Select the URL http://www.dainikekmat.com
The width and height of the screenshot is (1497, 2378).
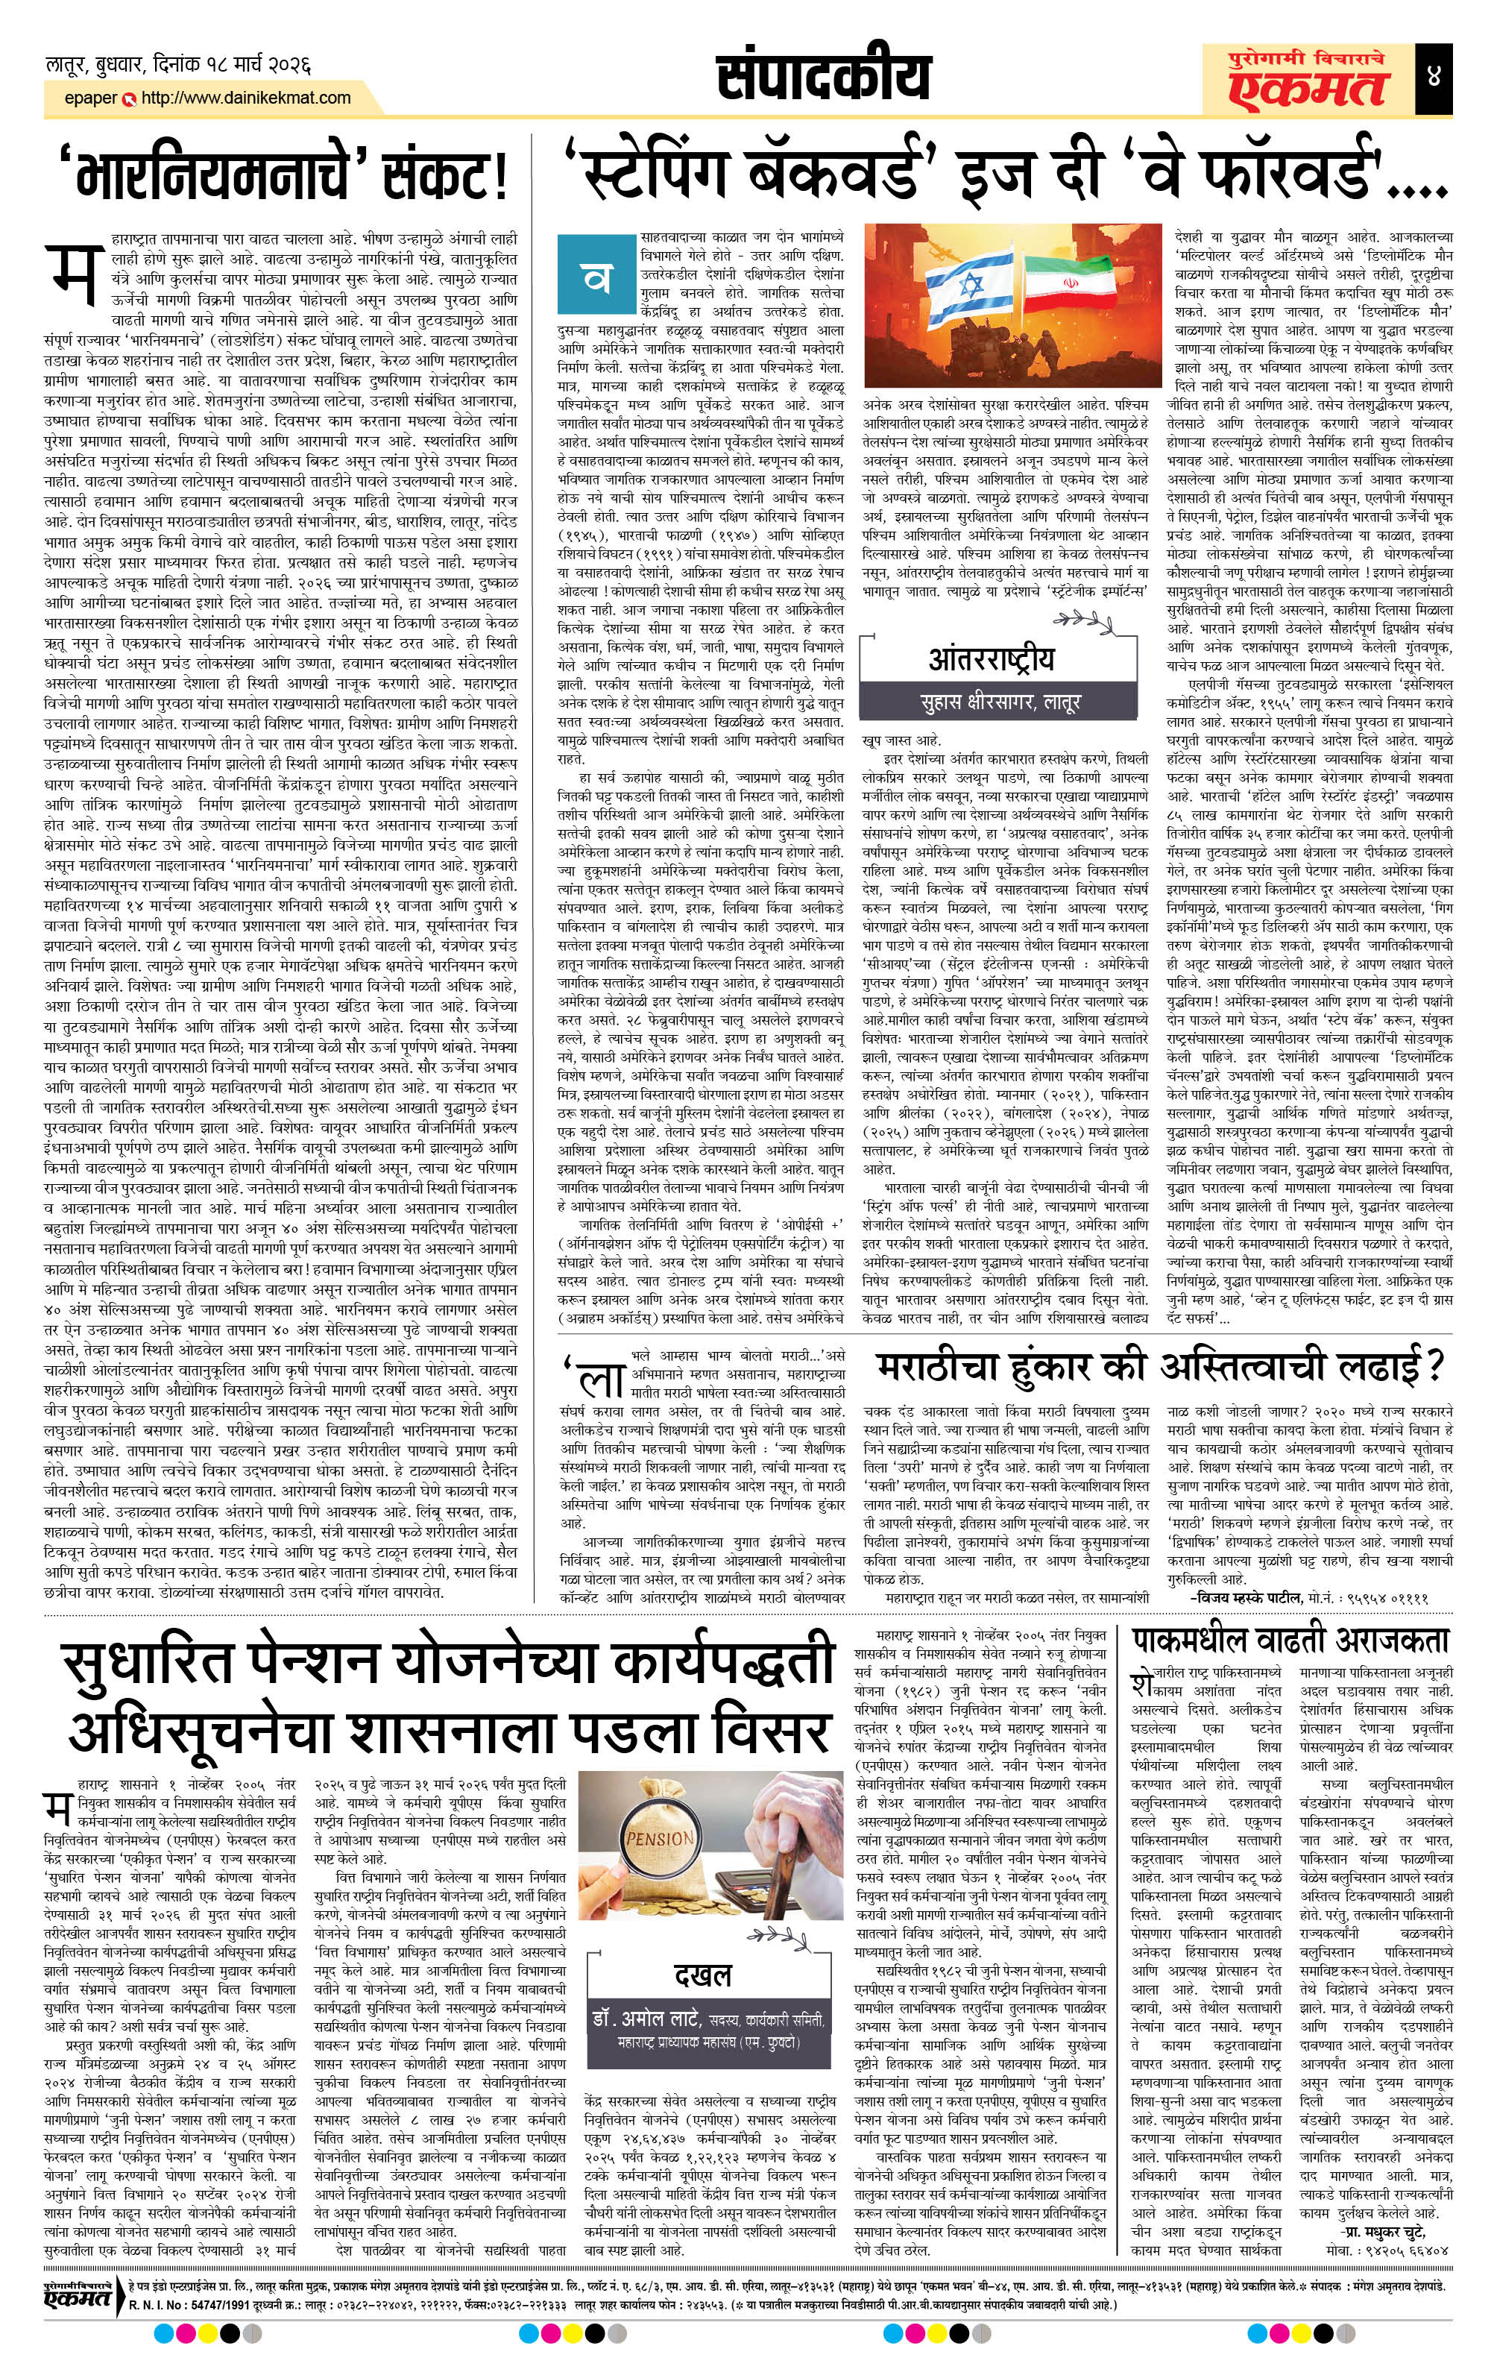click(x=246, y=98)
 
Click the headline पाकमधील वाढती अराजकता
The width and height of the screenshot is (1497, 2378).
click(x=1290, y=1641)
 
